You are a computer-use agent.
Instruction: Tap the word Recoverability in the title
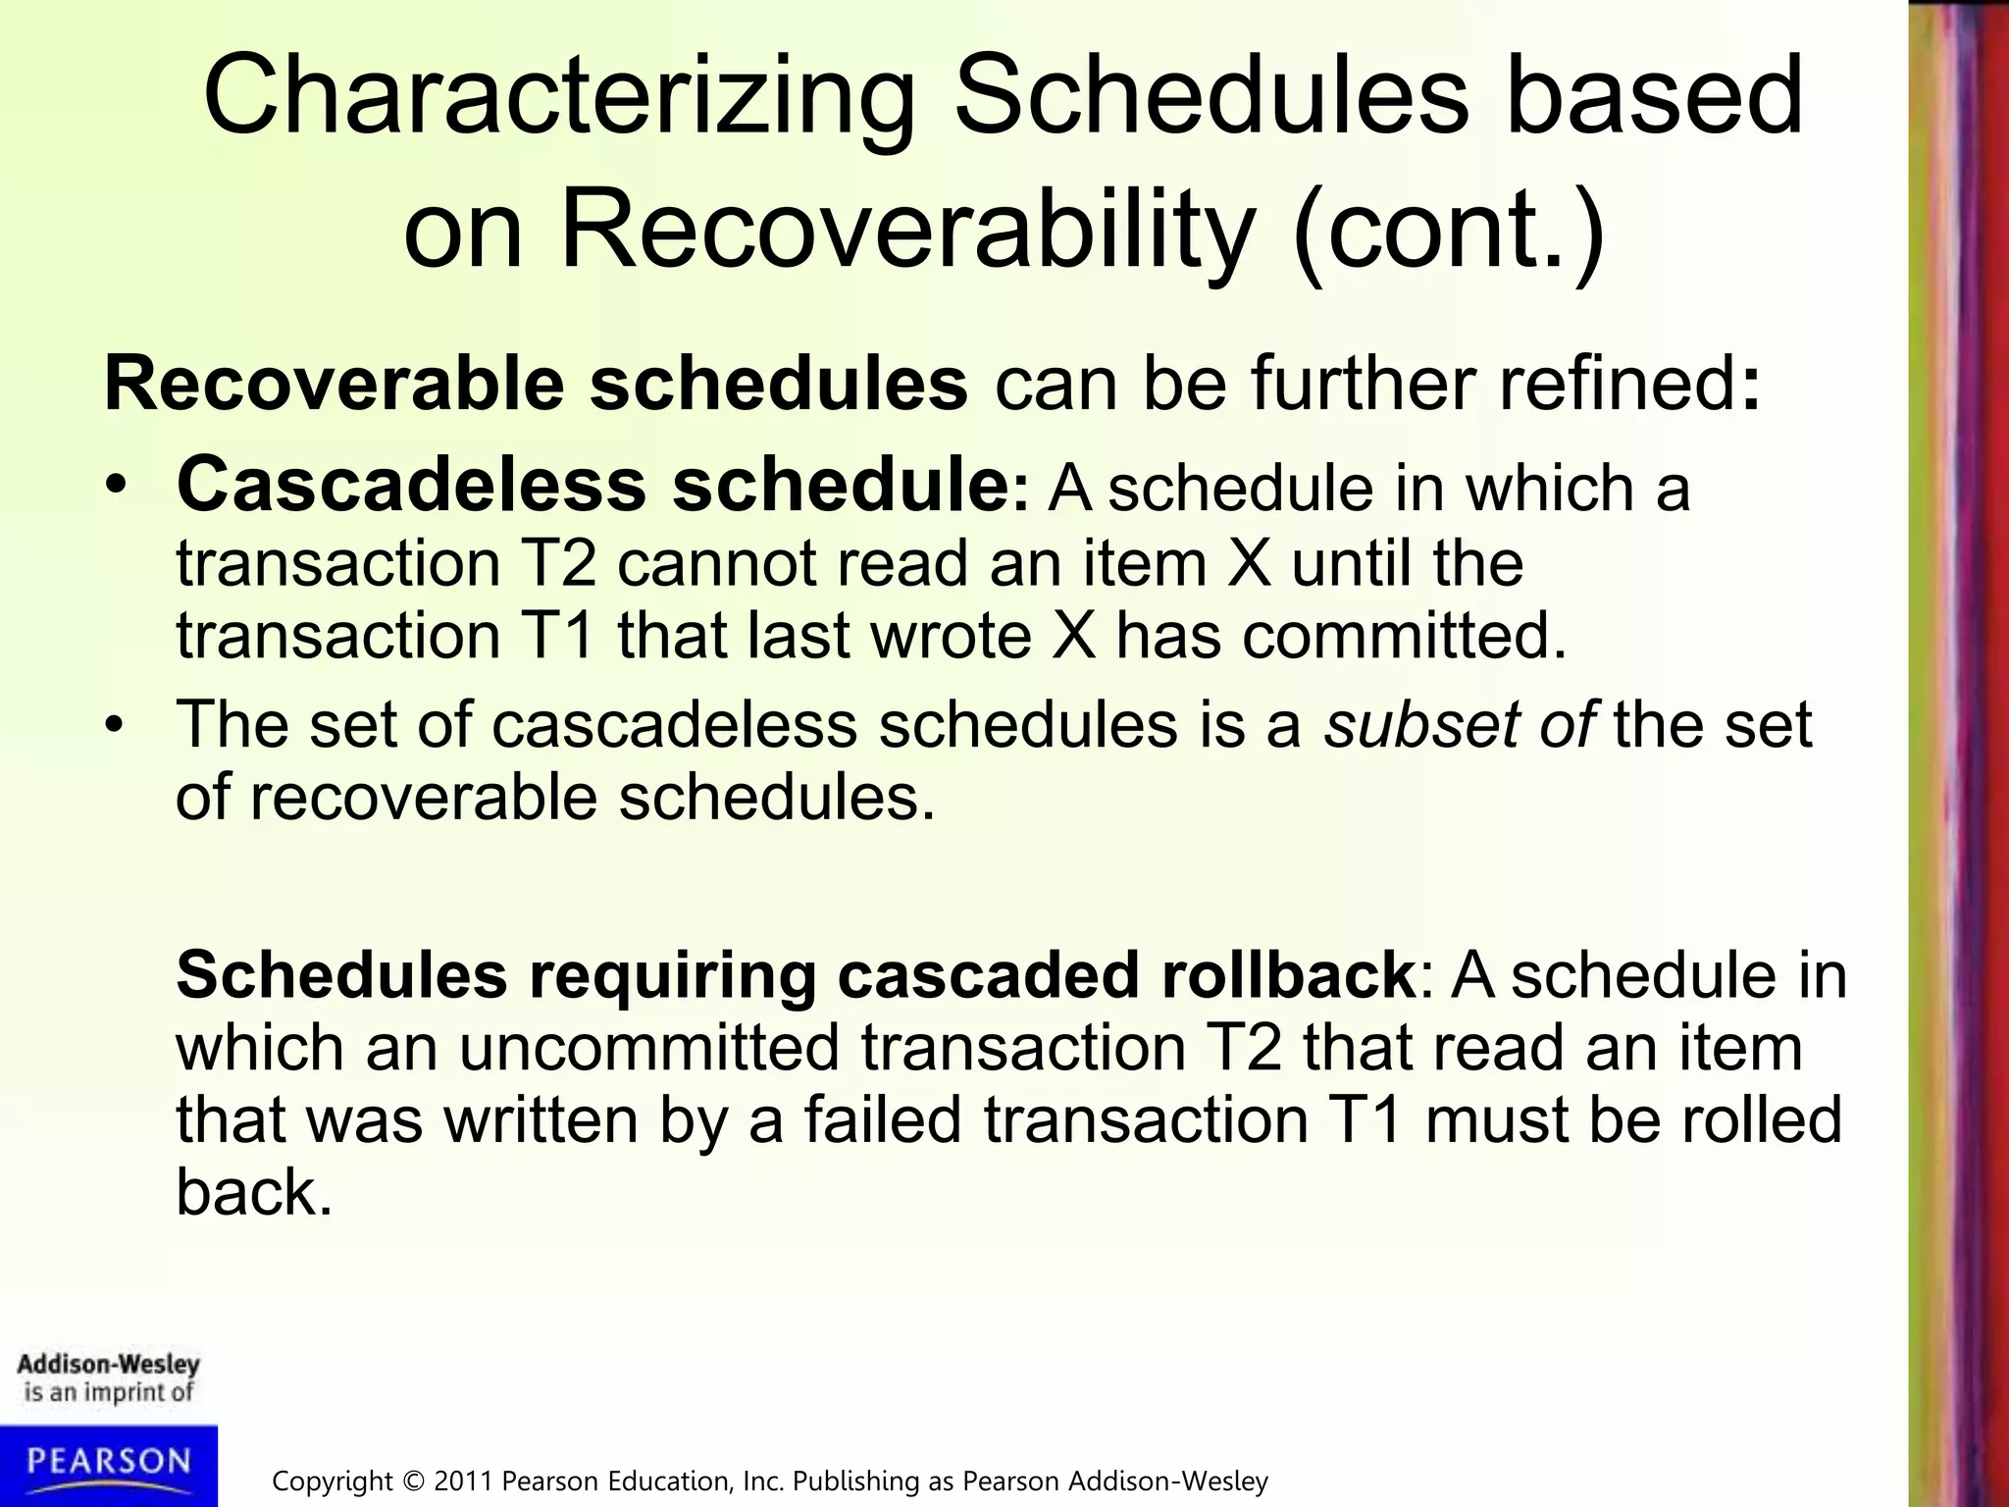coord(906,234)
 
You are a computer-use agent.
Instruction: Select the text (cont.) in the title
coord(1449,234)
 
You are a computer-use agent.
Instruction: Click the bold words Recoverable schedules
coord(536,385)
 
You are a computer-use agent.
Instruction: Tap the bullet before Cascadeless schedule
coord(117,489)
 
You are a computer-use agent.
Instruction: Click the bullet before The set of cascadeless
coord(117,727)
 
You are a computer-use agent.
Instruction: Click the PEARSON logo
coord(108,1463)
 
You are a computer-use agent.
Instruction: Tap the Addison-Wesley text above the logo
coord(108,1365)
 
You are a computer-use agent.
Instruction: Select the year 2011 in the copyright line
coord(464,1481)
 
